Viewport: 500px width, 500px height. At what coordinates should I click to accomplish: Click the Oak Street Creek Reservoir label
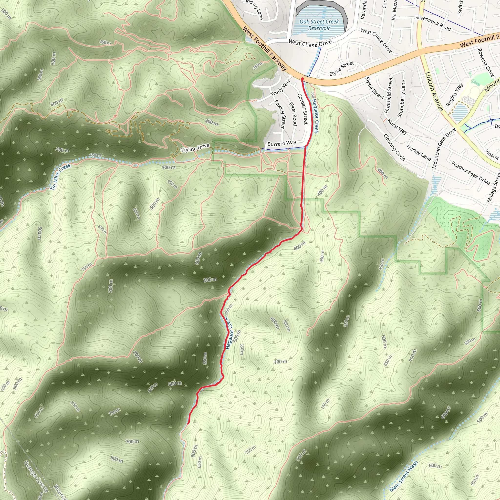pos(319,25)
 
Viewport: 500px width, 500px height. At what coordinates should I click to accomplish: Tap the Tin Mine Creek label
pos(60,177)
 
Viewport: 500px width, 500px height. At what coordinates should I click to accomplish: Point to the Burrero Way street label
pos(281,143)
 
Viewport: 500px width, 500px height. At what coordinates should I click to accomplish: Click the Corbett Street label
pos(302,109)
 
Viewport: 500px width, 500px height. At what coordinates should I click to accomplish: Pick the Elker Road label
pos(293,114)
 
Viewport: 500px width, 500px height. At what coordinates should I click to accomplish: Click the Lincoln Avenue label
pos(434,91)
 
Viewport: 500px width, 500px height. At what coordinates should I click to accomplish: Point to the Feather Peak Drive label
pos(470,173)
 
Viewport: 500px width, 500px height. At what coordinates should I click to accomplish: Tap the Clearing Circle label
pos(394,147)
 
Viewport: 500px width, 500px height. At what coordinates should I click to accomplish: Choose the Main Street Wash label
pos(404,476)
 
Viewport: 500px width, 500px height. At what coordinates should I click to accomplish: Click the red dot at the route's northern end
pos(302,79)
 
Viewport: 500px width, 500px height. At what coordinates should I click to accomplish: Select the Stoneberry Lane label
pos(401,99)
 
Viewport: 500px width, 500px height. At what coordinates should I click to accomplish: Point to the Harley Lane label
pos(419,153)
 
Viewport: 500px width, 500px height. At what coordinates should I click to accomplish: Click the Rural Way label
pos(397,126)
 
